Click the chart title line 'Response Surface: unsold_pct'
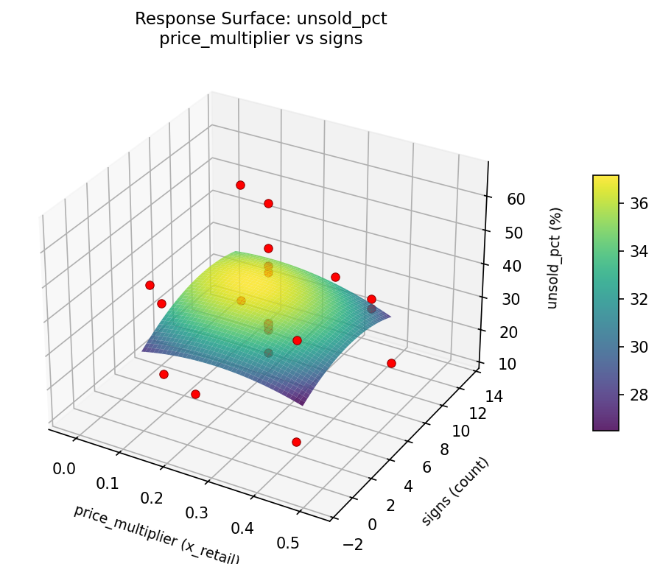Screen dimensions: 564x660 coord(261,19)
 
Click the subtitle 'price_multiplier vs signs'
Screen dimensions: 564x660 coord(261,39)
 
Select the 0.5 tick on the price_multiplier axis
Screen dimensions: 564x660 coord(287,543)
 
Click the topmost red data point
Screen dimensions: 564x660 coord(240,185)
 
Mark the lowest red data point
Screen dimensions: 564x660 coord(296,442)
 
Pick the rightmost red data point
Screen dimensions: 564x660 coord(391,363)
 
